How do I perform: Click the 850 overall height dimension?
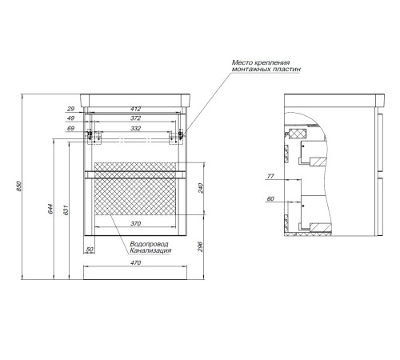(18, 186)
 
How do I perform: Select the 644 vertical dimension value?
(50, 209)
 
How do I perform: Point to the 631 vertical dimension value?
(66, 210)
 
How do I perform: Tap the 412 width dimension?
(135, 109)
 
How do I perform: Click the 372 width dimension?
(135, 118)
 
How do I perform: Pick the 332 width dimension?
(135, 129)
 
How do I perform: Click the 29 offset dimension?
(70, 109)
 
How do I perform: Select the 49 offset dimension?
(70, 118)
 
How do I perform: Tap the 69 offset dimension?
(70, 129)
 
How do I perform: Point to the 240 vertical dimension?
(201, 188)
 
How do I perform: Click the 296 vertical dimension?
(201, 246)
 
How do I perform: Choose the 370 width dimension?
(135, 223)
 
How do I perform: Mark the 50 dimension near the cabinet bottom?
(90, 250)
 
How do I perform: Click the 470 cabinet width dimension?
(135, 263)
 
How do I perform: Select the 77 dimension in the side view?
(270, 176)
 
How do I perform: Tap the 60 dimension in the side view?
(270, 199)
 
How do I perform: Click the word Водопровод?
(149, 244)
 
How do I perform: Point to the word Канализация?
(150, 250)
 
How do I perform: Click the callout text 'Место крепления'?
(261, 62)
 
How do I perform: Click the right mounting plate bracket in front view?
(177, 137)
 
